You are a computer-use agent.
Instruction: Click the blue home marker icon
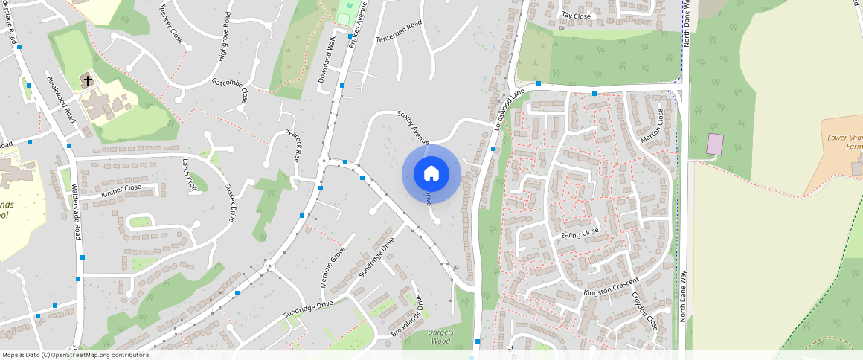431,174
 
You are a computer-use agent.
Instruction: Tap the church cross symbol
87,80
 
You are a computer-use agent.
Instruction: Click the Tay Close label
576,16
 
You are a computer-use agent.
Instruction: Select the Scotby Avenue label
414,127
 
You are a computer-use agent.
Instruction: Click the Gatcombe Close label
230,91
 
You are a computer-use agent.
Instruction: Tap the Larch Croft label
189,175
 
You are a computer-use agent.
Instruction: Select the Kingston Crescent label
611,286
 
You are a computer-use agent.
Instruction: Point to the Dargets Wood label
440,337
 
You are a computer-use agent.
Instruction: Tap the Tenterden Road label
399,31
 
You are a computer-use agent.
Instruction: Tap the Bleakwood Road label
61,99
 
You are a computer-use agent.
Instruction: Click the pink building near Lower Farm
715,144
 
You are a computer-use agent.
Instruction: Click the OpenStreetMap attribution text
75,355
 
